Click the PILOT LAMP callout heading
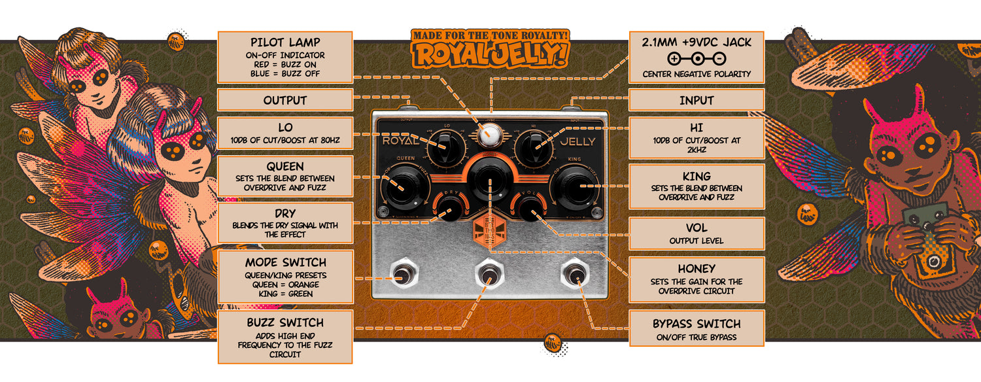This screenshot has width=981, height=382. click(x=284, y=43)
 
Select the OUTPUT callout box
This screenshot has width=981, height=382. click(x=284, y=101)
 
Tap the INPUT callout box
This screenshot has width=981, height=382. click(x=697, y=101)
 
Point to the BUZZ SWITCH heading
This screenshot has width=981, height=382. click(x=284, y=323)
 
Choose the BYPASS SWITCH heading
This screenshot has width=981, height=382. click(x=697, y=324)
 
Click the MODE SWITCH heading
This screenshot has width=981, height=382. click(x=284, y=263)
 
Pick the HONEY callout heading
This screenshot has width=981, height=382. click(x=697, y=269)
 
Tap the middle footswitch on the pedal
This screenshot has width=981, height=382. click(x=489, y=274)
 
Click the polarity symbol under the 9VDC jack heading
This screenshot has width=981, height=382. click(x=697, y=58)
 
